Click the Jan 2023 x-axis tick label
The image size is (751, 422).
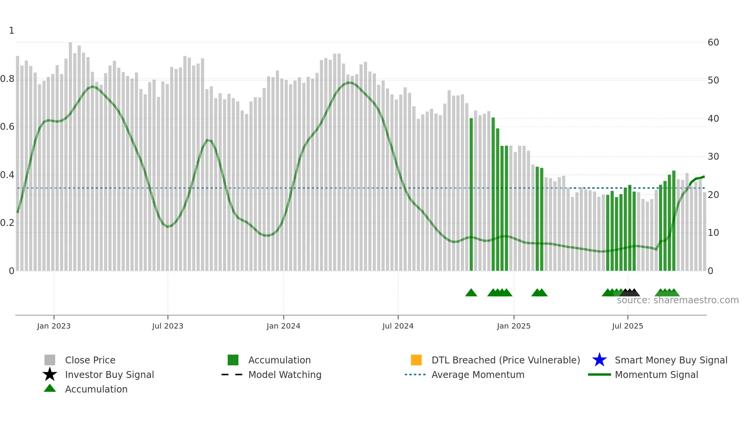[x=54, y=326]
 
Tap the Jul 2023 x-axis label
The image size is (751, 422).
[x=167, y=326]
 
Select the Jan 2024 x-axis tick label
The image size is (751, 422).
[x=283, y=326]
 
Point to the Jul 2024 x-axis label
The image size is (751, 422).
[x=398, y=326]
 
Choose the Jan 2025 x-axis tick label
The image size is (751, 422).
[x=513, y=326]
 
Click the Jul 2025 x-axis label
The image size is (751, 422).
[x=627, y=326]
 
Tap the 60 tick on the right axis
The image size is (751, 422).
[x=713, y=43]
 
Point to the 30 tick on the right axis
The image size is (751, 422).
[x=713, y=157]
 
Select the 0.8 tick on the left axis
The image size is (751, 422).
[x=7, y=79]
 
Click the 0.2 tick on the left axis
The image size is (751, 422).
[x=7, y=223]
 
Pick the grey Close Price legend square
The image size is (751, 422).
[x=50, y=360]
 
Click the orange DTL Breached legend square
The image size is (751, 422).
[x=416, y=360]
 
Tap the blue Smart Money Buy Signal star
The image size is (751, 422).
[x=599, y=360]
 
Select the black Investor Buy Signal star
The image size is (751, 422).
[x=50, y=375]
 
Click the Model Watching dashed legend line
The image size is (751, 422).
[x=232, y=375]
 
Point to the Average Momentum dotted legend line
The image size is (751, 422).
[x=415, y=375]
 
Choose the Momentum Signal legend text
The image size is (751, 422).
[x=656, y=375]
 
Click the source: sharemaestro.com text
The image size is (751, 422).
[x=677, y=300]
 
